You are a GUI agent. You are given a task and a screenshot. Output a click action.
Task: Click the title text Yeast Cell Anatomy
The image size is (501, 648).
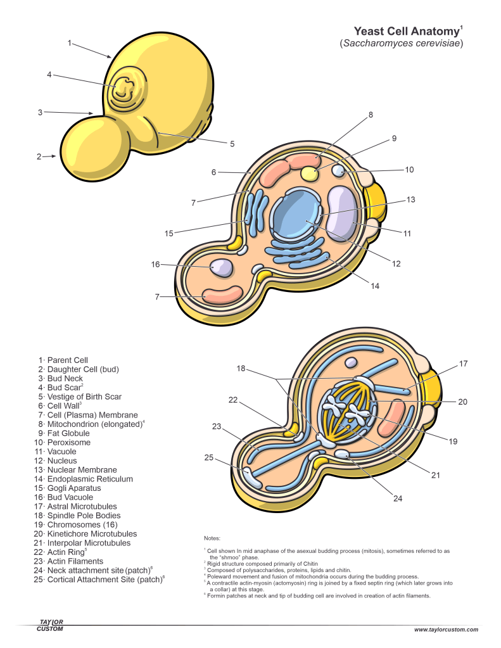coord(406,31)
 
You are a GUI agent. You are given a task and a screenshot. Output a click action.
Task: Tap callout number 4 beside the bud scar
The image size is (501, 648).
coord(49,75)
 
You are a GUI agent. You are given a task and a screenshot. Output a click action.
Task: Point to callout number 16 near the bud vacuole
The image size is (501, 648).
coord(155,264)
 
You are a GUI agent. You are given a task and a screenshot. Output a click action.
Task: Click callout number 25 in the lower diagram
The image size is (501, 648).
coord(208,457)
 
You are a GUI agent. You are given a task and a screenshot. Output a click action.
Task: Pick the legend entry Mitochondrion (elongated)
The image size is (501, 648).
coord(91,424)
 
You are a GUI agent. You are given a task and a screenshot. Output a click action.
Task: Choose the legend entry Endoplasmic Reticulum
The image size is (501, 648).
coord(86,480)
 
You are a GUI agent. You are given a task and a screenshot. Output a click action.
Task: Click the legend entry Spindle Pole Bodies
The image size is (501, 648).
coord(79,516)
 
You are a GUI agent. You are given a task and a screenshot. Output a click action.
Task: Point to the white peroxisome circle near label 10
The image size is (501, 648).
coord(339,171)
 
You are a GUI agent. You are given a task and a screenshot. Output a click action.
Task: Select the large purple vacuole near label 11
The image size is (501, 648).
coord(341,213)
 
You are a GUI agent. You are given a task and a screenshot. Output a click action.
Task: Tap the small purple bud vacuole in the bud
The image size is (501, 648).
coord(221,267)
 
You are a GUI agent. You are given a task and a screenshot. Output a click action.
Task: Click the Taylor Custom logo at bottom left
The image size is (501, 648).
coord(50,625)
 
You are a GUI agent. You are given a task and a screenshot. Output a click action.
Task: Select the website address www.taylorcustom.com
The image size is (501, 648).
coord(446,630)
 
